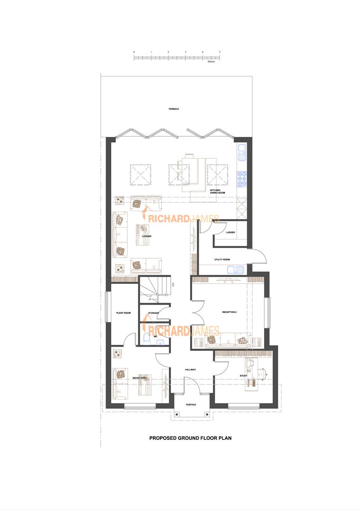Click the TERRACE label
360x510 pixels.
point(174,109)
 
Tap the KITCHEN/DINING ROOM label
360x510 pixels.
point(218,192)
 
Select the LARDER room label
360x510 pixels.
point(230,232)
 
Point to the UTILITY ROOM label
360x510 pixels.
point(221,260)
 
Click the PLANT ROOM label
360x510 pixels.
point(123,313)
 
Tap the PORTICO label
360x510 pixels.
point(190,405)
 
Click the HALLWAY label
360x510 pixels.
point(190,370)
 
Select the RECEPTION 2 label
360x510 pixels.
point(229,312)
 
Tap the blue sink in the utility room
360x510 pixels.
point(234,270)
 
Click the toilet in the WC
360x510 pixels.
point(146,337)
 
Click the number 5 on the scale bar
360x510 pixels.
point(220,52)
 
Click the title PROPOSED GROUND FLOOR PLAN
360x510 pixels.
point(190,438)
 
